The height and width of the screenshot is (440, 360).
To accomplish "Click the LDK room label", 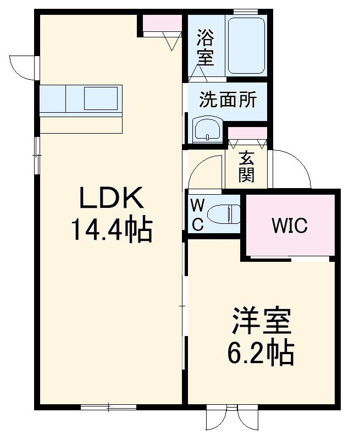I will [112, 199].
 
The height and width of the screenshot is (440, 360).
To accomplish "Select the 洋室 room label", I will [261, 322].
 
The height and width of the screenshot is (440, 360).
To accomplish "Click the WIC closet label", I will [290, 226].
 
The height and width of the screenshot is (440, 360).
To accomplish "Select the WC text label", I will [197, 215].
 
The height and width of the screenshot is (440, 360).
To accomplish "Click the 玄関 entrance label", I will [246, 167].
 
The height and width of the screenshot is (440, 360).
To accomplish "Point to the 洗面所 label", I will [227, 100].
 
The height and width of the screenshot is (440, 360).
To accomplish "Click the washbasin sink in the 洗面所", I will [207, 130].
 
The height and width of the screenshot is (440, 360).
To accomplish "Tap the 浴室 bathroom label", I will [206, 47].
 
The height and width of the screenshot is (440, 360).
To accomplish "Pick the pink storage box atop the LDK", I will [163, 23].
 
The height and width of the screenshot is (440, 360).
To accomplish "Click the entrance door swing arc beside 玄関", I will [291, 168].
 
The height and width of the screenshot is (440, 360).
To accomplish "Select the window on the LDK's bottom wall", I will [108, 407].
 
